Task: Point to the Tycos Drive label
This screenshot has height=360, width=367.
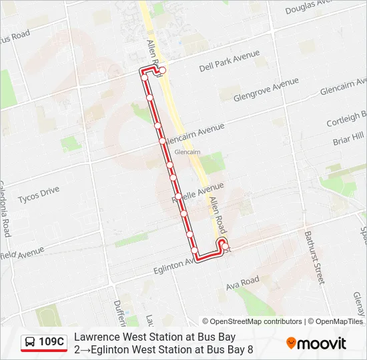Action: (x=39, y=195)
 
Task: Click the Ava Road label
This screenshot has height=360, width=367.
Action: (x=242, y=283)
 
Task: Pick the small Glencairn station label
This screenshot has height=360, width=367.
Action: (x=187, y=152)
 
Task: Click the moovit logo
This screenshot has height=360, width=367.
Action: (x=316, y=343)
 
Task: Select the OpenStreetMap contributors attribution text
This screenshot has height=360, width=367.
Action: (x=252, y=321)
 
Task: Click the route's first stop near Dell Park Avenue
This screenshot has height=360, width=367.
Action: (x=162, y=70)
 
